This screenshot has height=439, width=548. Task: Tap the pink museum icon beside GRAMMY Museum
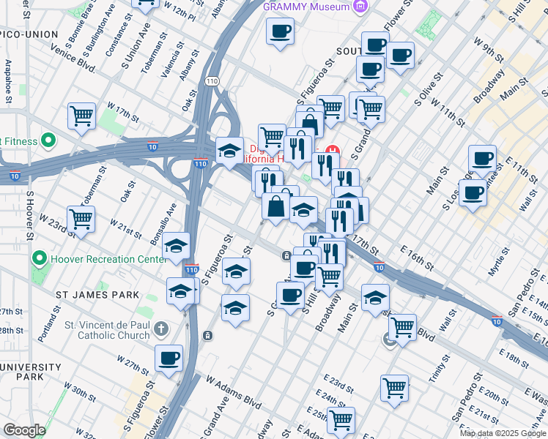point(359,7)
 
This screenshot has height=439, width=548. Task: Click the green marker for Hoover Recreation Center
point(38,259)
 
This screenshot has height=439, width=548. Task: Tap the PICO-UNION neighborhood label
point(29,35)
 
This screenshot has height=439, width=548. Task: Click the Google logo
point(24,430)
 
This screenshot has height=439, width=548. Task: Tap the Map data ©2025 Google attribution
point(503,433)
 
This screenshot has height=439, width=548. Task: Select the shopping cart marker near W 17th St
point(81,115)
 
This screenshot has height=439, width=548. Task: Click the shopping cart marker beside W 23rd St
point(81,217)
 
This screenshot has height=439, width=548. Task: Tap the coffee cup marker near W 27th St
point(169,358)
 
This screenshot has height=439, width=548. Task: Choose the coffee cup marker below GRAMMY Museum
point(280,31)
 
